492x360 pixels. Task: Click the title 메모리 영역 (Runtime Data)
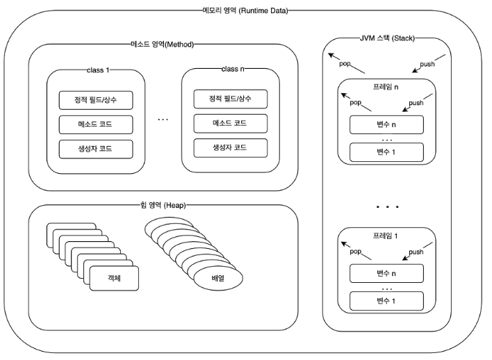point(245,10)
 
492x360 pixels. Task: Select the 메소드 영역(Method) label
point(162,44)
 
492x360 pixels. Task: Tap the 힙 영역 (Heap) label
point(163,205)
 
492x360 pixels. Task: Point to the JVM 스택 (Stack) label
point(387,38)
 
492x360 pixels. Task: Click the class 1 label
point(98,70)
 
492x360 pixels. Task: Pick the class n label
point(233,69)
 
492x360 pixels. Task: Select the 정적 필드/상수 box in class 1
point(96,100)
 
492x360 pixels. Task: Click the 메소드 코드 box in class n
point(231,123)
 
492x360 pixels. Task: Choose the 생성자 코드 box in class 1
point(96,149)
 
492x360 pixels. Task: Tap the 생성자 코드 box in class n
point(231,148)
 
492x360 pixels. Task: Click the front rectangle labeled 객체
point(114,279)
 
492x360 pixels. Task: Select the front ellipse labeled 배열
point(218,279)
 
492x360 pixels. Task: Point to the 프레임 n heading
point(386,87)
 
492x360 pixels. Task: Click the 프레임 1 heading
point(385,236)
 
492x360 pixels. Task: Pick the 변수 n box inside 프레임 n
point(386,124)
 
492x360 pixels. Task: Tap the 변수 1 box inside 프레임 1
point(386,302)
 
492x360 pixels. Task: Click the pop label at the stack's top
point(345,64)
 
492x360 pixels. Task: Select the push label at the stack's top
point(427,64)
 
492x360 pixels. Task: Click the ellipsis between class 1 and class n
point(163,120)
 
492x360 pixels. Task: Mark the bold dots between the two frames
point(387,207)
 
